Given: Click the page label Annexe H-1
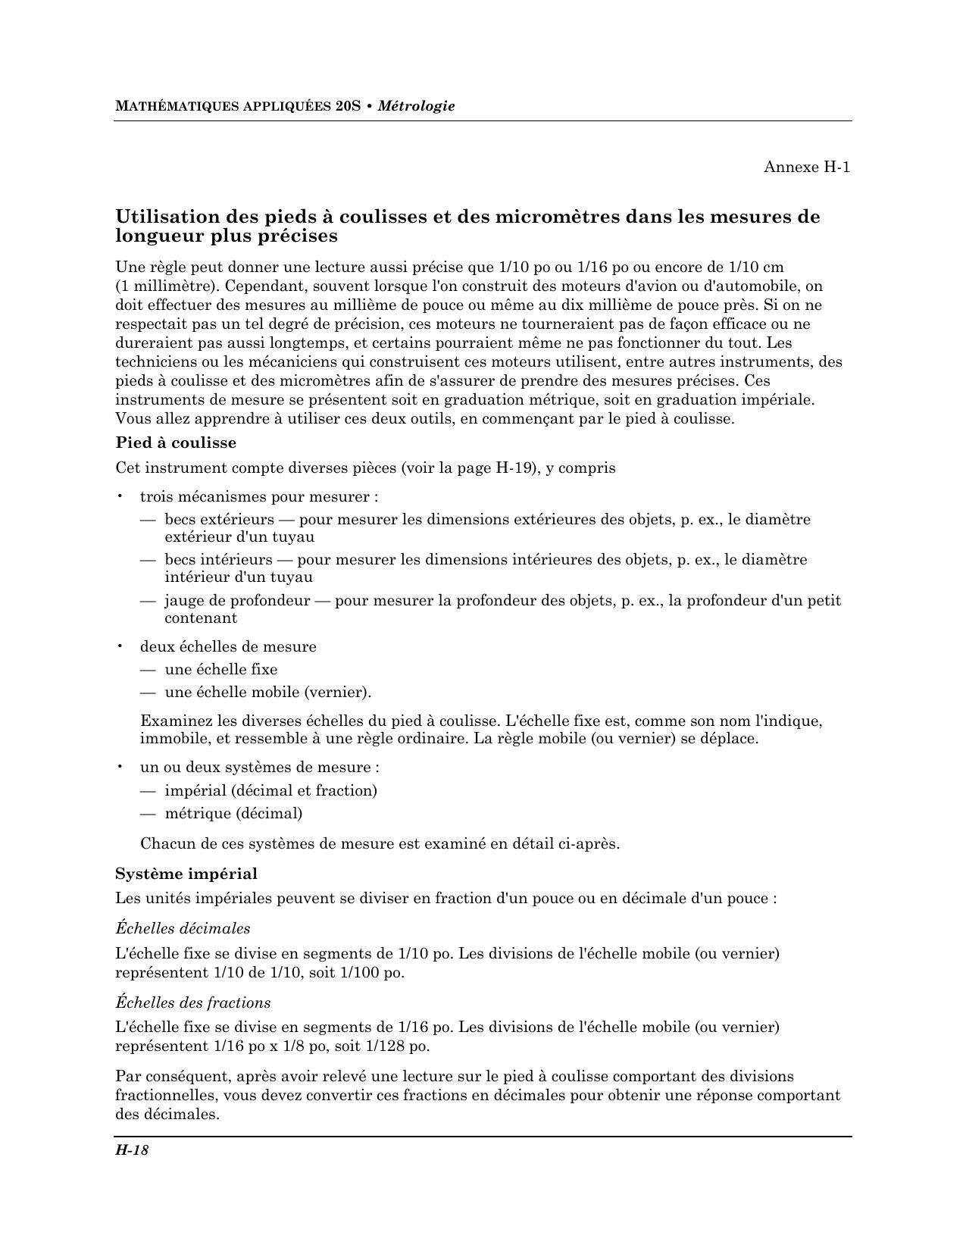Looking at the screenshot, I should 806,167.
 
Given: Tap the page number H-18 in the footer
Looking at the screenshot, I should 132,1150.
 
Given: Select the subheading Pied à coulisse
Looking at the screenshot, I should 176,443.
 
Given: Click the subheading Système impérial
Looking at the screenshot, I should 186,874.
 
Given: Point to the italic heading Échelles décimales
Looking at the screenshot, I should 183,928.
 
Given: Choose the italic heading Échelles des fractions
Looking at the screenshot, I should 192,1002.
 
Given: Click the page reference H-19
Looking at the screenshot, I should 514,468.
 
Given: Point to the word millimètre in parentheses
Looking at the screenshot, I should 174,286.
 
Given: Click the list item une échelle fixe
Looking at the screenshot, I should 220,669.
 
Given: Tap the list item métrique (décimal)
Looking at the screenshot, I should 233,813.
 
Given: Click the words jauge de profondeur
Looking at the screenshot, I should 237,601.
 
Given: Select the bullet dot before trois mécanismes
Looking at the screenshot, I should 120,497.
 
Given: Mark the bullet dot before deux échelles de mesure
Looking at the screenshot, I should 120,646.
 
